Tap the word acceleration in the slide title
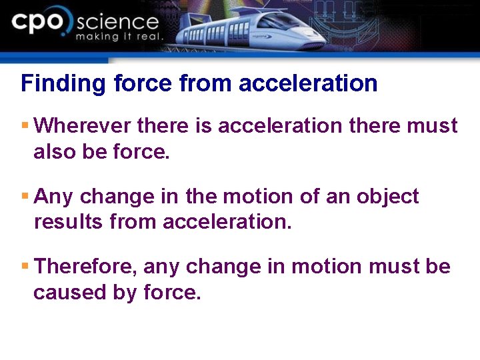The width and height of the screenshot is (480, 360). pos(308,84)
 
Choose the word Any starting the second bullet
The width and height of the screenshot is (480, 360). pos(51,197)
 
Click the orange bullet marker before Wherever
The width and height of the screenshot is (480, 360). pos(25,125)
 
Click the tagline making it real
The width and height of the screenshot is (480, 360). pos(119,37)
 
